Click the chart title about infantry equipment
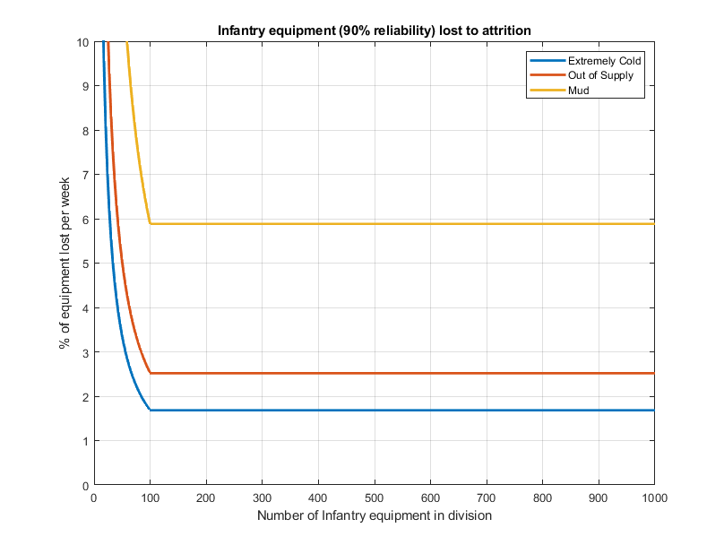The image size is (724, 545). point(375,30)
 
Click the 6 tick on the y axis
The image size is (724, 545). point(83,220)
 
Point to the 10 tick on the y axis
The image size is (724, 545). point(81,42)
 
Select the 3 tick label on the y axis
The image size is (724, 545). point(83,352)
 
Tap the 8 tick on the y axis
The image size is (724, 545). point(83,131)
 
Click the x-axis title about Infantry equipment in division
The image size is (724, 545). point(375,515)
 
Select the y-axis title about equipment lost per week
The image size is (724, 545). point(65,264)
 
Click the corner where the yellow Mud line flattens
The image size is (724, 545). point(150,223)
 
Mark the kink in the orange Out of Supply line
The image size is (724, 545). point(150,373)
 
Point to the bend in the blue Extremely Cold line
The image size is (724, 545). point(150,410)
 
